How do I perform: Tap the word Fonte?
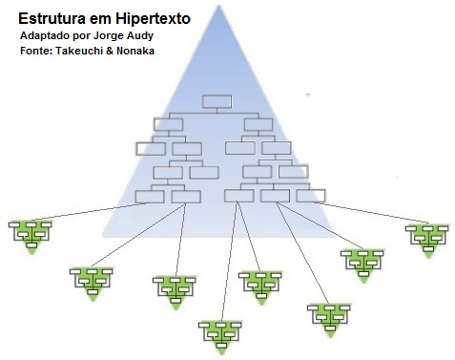click(35, 50)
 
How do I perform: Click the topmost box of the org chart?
click(217, 100)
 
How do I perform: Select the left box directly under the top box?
click(169, 123)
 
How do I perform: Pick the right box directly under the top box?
click(258, 123)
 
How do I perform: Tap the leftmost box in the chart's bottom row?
click(150, 196)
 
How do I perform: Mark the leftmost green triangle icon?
click(31, 233)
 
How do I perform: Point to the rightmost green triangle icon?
click(425, 236)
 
